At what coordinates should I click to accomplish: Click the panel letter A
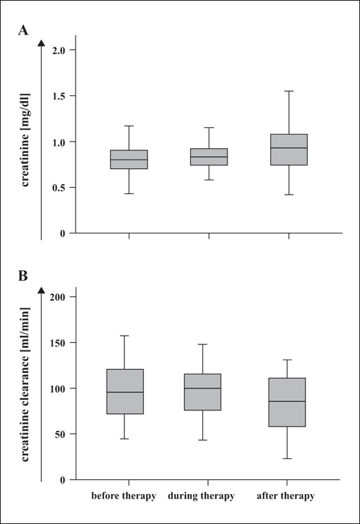(x=23, y=31)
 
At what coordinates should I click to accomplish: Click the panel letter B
(x=22, y=276)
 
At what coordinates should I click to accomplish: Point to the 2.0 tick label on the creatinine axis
(x=60, y=50)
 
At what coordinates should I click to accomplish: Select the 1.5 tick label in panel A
(x=60, y=96)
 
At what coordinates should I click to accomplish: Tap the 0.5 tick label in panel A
(x=60, y=187)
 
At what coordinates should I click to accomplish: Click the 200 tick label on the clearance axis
(x=58, y=296)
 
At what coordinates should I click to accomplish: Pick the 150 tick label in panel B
(x=58, y=343)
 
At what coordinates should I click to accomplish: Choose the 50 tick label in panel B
(x=61, y=434)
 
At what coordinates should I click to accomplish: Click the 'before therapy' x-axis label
(x=123, y=496)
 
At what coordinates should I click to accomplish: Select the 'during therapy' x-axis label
(x=201, y=496)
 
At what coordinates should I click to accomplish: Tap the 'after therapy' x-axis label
(x=286, y=496)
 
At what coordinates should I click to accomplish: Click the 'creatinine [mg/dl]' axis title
(x=25, y=140)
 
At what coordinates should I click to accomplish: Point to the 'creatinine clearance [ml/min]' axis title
(x=25, y=384)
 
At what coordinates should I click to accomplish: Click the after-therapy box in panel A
(x=289, y=150)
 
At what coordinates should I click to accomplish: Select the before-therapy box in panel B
(x=125, y=392)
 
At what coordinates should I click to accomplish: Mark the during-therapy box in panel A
(x=209, y=156)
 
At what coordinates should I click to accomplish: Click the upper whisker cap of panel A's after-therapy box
(x=289, y=91)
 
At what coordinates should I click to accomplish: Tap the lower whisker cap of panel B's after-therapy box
(x=287, y=458)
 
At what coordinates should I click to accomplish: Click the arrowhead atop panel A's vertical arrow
(x=41, y=43)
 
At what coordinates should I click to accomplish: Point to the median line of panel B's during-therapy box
(x=203, y=389)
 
